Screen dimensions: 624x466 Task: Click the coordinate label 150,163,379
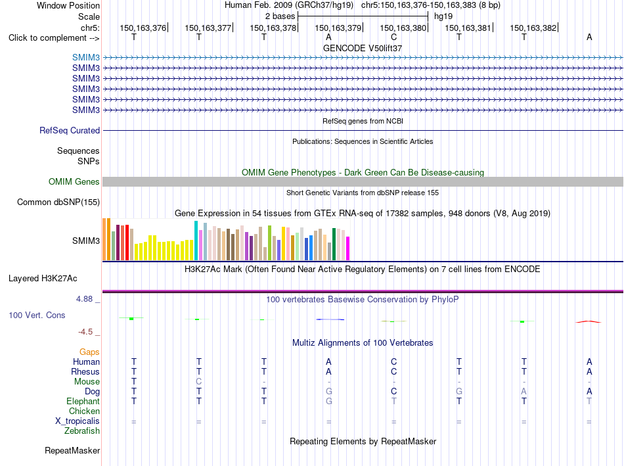[338, 28]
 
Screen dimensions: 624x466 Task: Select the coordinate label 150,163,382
[533, 28]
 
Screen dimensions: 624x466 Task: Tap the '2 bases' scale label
[280, 16]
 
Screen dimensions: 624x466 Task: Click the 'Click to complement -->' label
[54, 38]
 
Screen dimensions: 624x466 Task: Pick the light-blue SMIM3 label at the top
[86, 57]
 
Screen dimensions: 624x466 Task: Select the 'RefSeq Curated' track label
[70, 130]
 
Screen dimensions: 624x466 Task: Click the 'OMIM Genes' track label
[74, 181]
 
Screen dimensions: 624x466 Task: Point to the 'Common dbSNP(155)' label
[58, 202]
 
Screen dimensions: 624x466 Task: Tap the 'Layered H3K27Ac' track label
[43, 279]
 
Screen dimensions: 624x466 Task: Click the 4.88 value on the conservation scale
[84, 298]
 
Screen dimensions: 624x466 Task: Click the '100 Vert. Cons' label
[37, 315]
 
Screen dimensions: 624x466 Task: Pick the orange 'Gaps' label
[89, 352]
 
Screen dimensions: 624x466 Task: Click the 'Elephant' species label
[83, 401]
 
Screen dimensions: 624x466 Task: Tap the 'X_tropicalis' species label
[78, 421]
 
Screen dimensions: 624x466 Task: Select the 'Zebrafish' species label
[82, 431]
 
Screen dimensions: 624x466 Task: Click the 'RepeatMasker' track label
[72, 450]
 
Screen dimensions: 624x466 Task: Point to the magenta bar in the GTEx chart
[348, 248]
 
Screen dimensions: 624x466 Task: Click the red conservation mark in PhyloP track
[589, 321]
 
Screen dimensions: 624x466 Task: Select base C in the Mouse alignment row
[198, 382]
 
